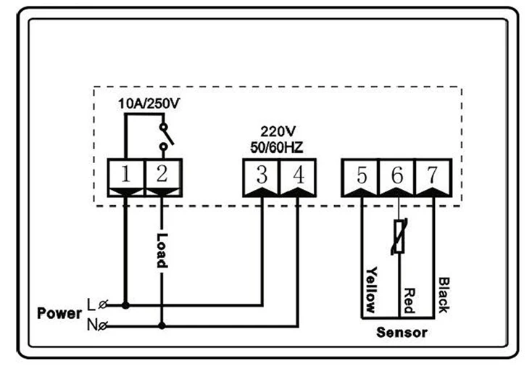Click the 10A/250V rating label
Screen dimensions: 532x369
(x=149, y=104)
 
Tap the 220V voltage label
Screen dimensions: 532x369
(x=278, y=131)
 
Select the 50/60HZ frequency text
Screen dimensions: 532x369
(x=277, y=147)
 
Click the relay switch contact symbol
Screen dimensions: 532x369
(x=166, y=136)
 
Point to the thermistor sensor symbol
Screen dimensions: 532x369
(x=399, y=236)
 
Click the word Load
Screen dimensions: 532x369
(x=162, y=251)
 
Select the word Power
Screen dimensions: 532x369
(x=59, y=313)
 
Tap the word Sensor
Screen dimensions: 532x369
(x=402, y=332)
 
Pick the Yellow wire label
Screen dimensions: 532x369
(x=371, y=289)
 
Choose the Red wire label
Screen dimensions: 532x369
(x=410, y=300)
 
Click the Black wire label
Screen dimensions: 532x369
(x=444, y=294)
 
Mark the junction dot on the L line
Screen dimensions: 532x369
(x=125, y=305)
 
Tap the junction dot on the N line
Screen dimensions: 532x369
(x=162, y=326)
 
